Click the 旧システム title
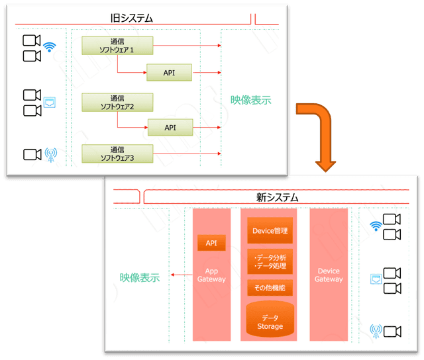pyautogui.click(x=132, y=19)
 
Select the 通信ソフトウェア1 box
pyautogui.click(x=117, y=46)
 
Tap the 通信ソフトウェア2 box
pyautogui.click(x=117, y=103)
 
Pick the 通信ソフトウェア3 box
pyautogui.click(x=117, y=154)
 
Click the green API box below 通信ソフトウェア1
pyautogui.click(x=170, y=72)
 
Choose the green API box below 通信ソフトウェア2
pyautogui.click(x=170, y=127)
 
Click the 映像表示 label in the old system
pyautogui.click(x=250, y=100)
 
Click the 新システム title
pyautogui.click(x=278, y=197)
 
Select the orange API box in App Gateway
pyautogui.click(x=211, y=243)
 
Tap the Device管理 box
pyautogui.click(x=270, y=230)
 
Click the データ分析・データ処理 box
pyautogui.click(x=270, y=261)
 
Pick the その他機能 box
pyautogui.click(x=270, y=288)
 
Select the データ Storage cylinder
pyautogui.click(x=270, y=319)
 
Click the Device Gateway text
pyautogui.click(x=329, y=275)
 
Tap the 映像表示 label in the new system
pyautogui.click(x=140, y=278)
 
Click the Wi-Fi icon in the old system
pyautogui.click(x=50, y=47)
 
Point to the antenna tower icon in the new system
pyautogui.click(x=376, y=332)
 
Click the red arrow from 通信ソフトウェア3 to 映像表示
pyautogui.click(x=187, y=154)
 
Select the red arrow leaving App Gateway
pyautogui.click(x=182, y=275)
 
